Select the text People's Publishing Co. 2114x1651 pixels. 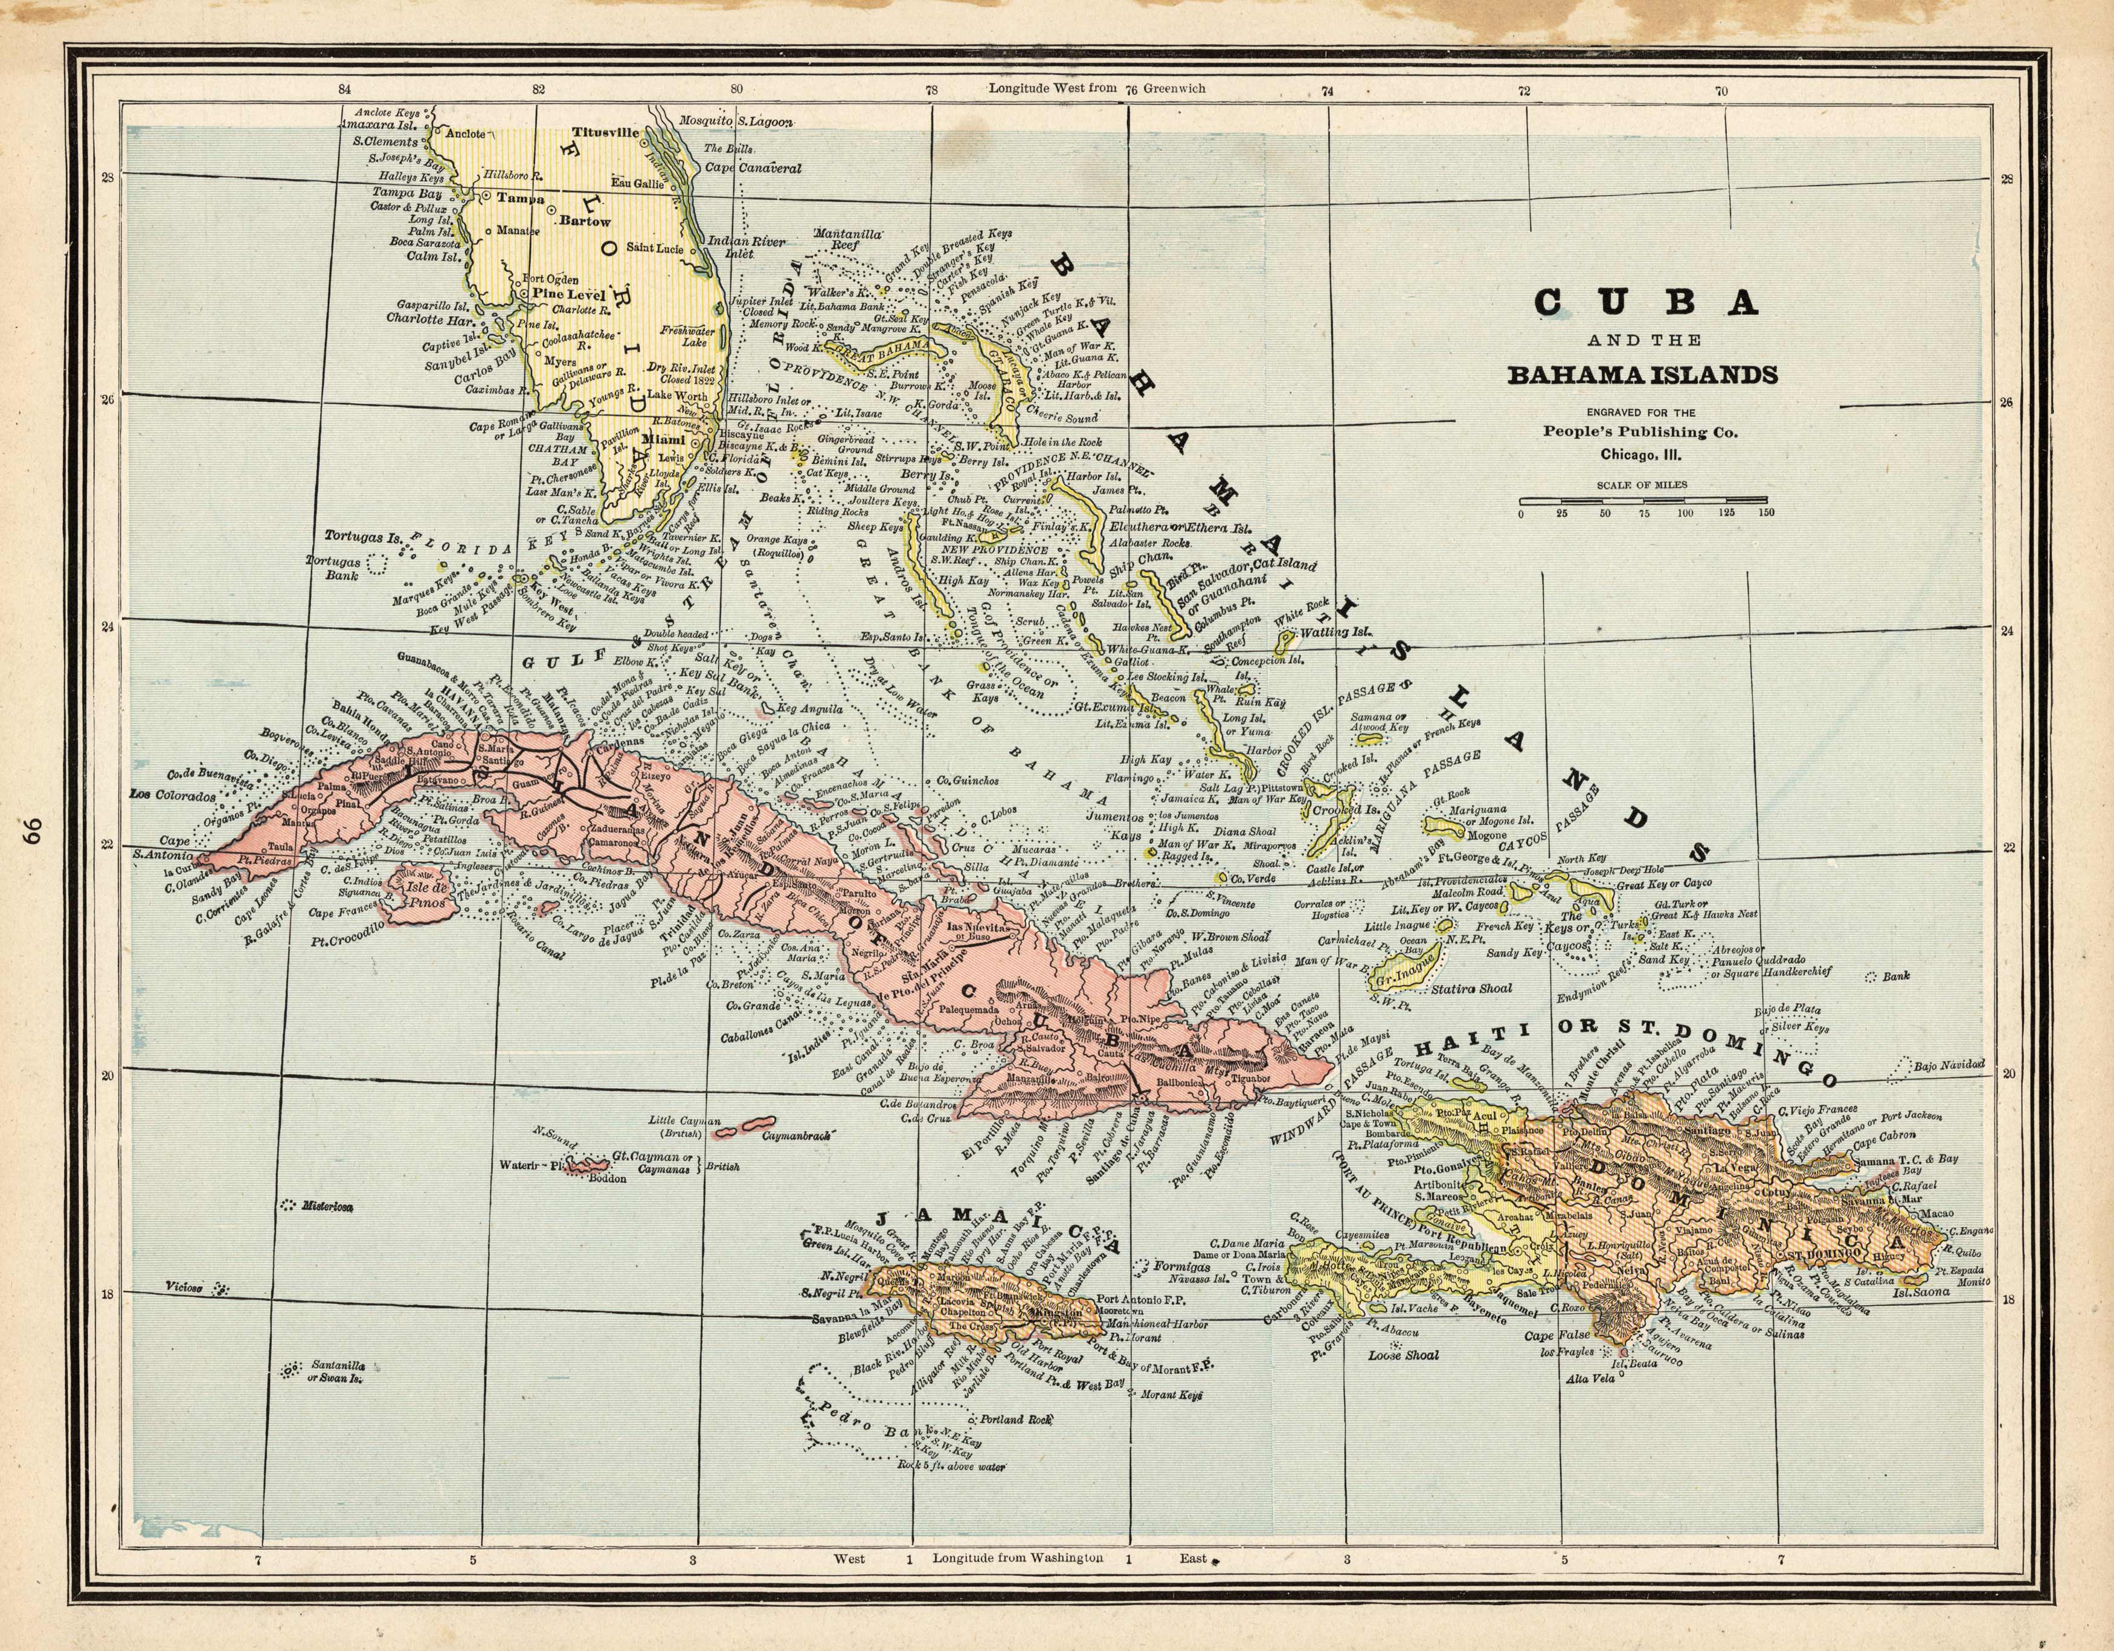pyautogui.click(x=1640, y=432)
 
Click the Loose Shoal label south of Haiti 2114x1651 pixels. pyautogui.click(x=1402, y=1355)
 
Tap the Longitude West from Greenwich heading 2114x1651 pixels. pyautogui.click(x=1097, y=88)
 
